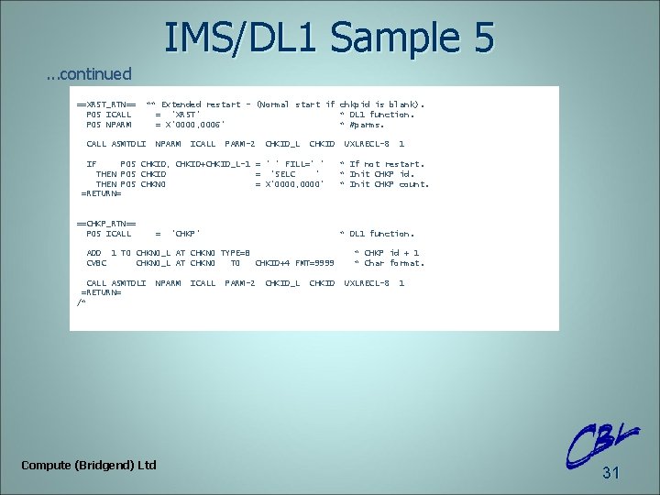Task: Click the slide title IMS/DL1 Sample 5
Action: point(329,38)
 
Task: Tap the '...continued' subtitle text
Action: point(89,73)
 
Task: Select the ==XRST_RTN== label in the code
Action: point(106,104)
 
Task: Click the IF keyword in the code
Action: point(92,164)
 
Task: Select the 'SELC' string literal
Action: point(293,174)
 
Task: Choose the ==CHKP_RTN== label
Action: point(106,224)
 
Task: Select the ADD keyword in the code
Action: point(93,253)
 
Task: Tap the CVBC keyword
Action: point(96,263)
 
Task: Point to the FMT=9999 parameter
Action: point(315,263)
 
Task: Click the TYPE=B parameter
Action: point(236,253)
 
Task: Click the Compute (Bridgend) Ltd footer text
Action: point(89,466)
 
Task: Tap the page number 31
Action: point(610,473)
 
